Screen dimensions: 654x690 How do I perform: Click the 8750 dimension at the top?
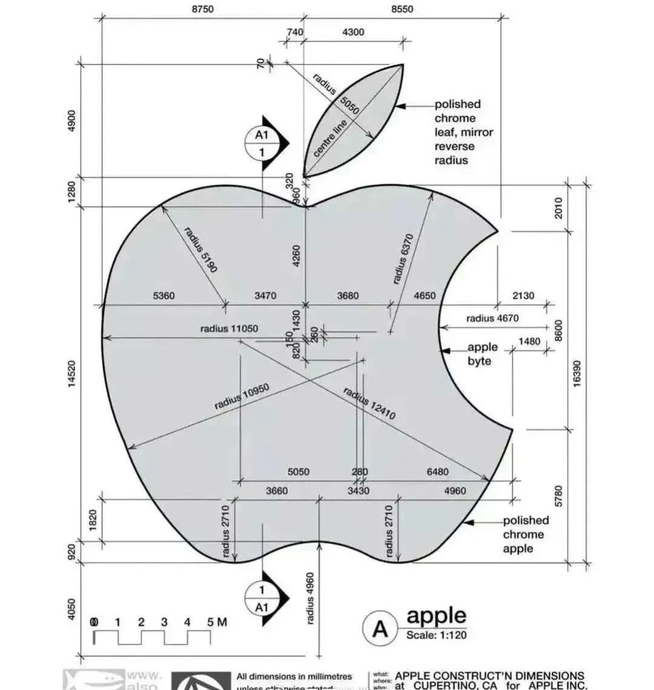pyautogui.click(x=202, y=9)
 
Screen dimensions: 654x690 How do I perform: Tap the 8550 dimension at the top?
pyautogui.click(x=402, y=9)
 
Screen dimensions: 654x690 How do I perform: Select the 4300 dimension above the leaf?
pyautogui.click(x=353, y=32)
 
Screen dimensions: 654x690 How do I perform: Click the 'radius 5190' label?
pyautogui.click(x=200, y=249)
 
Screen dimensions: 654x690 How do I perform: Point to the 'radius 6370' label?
pyautogui.click(x=402, y=259)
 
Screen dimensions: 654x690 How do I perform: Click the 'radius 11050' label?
pyautogui.click(x=229, y=329)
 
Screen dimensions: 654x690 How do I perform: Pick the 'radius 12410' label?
pyautogui.click(x=369, y=403)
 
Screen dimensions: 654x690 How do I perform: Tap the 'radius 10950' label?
pyautogui.click(x=241, y=396)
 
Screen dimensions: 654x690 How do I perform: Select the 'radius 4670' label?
pyautogui.click(x=492, y=318)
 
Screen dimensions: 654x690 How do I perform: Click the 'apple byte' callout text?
pyautogui.click(x=482, y=354)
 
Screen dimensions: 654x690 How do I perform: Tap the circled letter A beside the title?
pyautogui.click(x=380, y=629)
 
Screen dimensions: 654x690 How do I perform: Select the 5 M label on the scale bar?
pyautogui.click(x=217, y=622)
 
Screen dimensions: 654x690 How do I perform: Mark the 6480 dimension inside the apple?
pyautogui.click(x=438, y=472)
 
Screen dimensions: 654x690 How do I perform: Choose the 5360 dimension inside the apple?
pyautogui.click(x=163, y=296)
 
